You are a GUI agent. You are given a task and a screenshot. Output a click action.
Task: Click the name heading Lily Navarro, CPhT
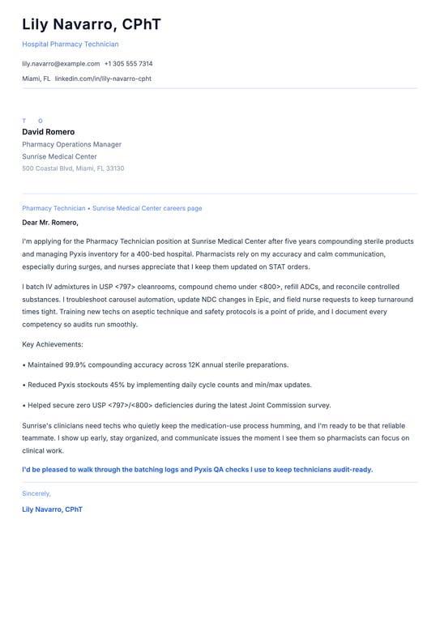click(92, 24)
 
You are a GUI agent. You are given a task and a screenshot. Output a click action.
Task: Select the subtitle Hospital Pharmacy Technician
click(70, 45)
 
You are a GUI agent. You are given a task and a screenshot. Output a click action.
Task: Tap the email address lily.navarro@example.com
click(61, 63)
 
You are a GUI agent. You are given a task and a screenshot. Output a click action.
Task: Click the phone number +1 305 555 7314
click(128, 63)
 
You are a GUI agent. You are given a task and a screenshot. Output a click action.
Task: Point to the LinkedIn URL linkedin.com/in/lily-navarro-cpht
click(103, 79)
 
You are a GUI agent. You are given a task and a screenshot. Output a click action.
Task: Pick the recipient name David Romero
click(48, 132)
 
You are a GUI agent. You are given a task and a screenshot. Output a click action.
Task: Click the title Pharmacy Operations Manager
click(71, 144)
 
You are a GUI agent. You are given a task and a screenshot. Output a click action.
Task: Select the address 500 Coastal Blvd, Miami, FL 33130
click(73, 168)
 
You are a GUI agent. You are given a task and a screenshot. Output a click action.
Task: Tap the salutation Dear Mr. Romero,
click(50, 222)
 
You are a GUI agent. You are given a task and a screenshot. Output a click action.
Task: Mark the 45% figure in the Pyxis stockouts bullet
click(113, 386)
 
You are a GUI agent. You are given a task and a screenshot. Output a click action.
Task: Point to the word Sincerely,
click(36, 493)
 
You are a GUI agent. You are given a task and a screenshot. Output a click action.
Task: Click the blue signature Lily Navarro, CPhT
click(52, 509)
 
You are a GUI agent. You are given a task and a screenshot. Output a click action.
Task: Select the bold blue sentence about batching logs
click(197, 470)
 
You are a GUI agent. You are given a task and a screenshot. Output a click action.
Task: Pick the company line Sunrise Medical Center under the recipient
click(59, 156)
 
